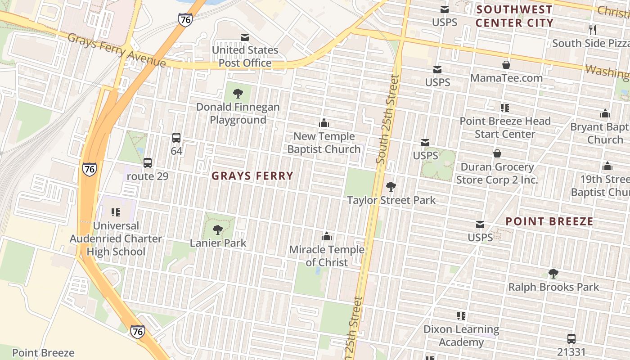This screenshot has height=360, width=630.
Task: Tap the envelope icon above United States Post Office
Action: [x=245, y=37]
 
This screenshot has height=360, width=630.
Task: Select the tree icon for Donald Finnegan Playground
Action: [x=238, y=94]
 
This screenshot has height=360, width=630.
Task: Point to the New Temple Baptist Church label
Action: [x=324, y=143]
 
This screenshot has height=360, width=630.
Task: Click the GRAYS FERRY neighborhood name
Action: [x=252, y=176]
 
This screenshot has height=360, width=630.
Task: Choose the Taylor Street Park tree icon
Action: [x=391, y=186]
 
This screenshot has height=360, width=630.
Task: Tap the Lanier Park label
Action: [x=218, y=243]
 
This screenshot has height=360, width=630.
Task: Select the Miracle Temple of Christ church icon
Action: [x=327, y=236]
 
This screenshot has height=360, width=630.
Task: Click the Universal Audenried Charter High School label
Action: [x=116, y=238]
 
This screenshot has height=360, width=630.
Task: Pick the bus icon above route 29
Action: [x=148, y=163]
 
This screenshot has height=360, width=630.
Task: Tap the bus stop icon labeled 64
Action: [x=176, y=138]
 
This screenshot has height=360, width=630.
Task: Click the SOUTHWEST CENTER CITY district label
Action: [x=514, y=16]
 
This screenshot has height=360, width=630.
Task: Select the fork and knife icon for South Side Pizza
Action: [x=593, y=30]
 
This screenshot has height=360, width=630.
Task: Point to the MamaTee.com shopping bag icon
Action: [x=506, y=65]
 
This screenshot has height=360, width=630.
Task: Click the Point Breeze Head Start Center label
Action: [x=505, y=127]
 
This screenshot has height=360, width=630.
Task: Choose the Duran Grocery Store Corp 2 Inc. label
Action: [x=497, y=173]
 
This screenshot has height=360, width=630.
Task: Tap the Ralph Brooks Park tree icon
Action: [x=553, y=274]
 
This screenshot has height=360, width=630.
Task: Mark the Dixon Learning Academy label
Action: [x=461, y=336]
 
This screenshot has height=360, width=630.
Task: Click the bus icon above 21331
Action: [x=571, y=339]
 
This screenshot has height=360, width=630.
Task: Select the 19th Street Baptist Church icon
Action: [x=607, y=166]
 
